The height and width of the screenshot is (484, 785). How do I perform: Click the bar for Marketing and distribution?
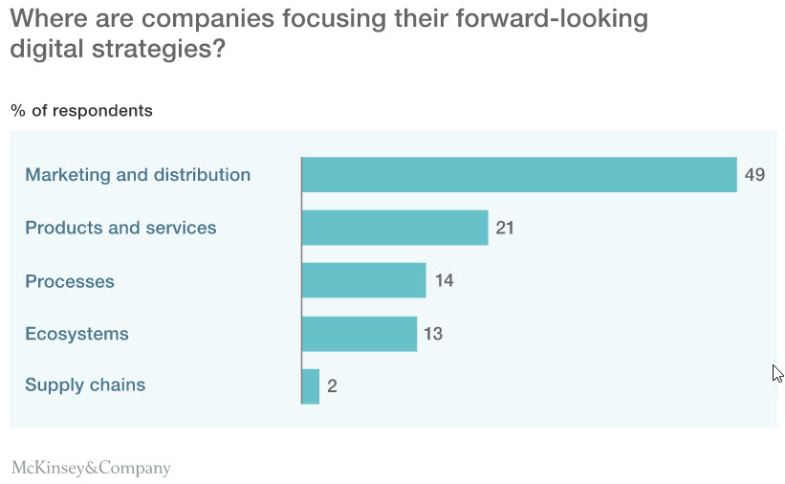pyautogui.click(x=518, y=175)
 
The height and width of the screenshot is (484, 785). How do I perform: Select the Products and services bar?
pyautogui.click(x=394, y=228)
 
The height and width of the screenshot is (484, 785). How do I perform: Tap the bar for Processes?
pyautogui.click(x=363, y=281)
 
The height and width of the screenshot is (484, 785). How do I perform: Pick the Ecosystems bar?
pyautogui.click(x=359, y=334)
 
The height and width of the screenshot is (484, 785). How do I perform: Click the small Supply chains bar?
pyautogui.click(x=311, y=386)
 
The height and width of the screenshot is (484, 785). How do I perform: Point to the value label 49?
pyautogui.click(x=754, y=175)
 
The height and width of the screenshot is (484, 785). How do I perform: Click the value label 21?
pyautogui.click(x=505, y=228)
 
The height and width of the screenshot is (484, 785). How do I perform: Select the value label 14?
pyautogui.click(x=444, y=281)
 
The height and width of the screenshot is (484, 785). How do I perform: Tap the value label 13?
pyautogui.click(x=433, y=334)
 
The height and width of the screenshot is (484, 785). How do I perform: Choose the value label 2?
pyautogui.click(x=332, y=386)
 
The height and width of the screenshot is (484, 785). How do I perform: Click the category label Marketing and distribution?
pyautogui.click(x=138, y=175)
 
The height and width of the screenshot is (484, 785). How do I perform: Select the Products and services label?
pyautogui.click(x=120, y=228)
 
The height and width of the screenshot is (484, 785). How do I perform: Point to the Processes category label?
pyautogui.click(x=70, y=281)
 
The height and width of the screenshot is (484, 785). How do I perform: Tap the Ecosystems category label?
pyautogui.click(x=76, y=334)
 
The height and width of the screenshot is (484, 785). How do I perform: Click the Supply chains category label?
pyautogui.click(x=85, y=385)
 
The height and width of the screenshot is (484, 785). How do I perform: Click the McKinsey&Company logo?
pyautogui.click(x=91, y=468)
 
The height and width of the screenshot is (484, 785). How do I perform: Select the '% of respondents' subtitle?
pyautogui.click(x=81, y=111)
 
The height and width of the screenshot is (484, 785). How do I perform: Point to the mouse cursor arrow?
pyautogui.click(x=777, y=373)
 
